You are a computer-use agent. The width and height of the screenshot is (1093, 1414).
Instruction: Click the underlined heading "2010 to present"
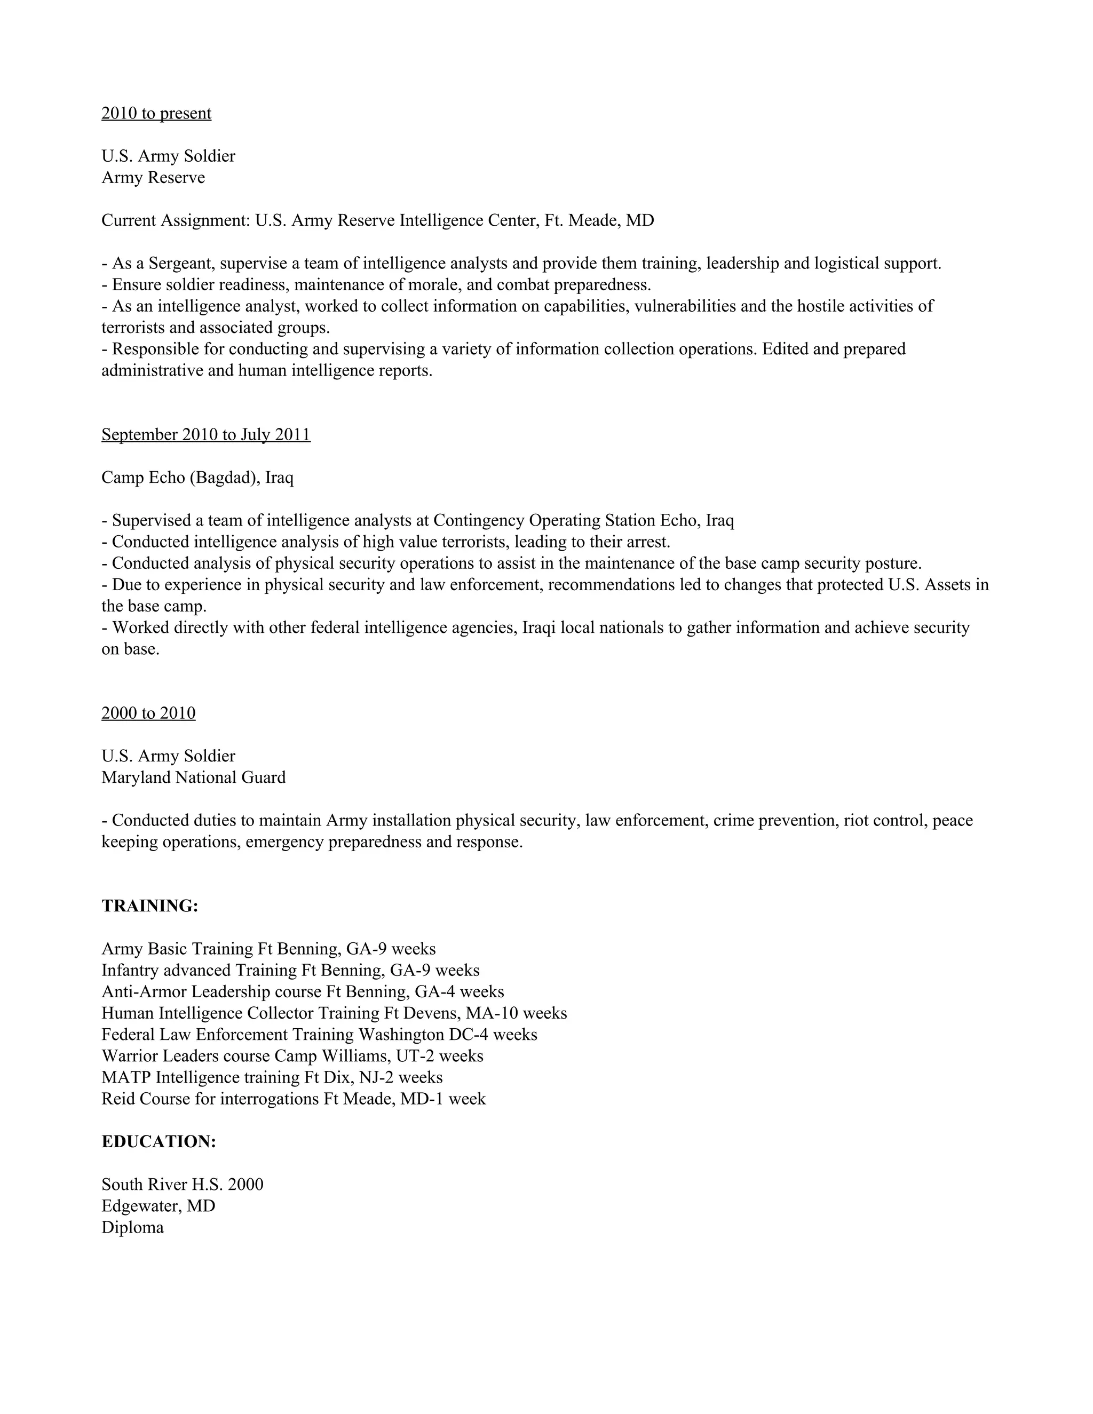[156, 113]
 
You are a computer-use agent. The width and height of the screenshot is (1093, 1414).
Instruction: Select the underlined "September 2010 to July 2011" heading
[206, 434]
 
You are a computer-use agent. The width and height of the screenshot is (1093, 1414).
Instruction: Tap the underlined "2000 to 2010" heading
[148, 713]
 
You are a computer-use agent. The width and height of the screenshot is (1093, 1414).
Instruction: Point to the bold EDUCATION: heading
[159, 1141]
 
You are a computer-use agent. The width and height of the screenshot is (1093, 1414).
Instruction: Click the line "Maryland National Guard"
[193, 777]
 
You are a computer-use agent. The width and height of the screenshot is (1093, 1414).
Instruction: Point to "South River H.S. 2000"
[182, 1184]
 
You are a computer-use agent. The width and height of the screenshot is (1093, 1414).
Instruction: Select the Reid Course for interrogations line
[294, 1099]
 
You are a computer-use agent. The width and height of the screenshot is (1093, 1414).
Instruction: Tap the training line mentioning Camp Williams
[292, 1056]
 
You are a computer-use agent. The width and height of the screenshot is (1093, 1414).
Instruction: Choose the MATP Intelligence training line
[272, 1077]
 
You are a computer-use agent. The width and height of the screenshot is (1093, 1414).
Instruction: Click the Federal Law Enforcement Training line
[319, 1034]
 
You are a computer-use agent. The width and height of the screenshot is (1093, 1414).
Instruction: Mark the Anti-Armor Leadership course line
[303, 991]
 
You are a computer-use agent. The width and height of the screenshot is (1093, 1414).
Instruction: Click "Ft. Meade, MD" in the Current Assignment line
[599, 221]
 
